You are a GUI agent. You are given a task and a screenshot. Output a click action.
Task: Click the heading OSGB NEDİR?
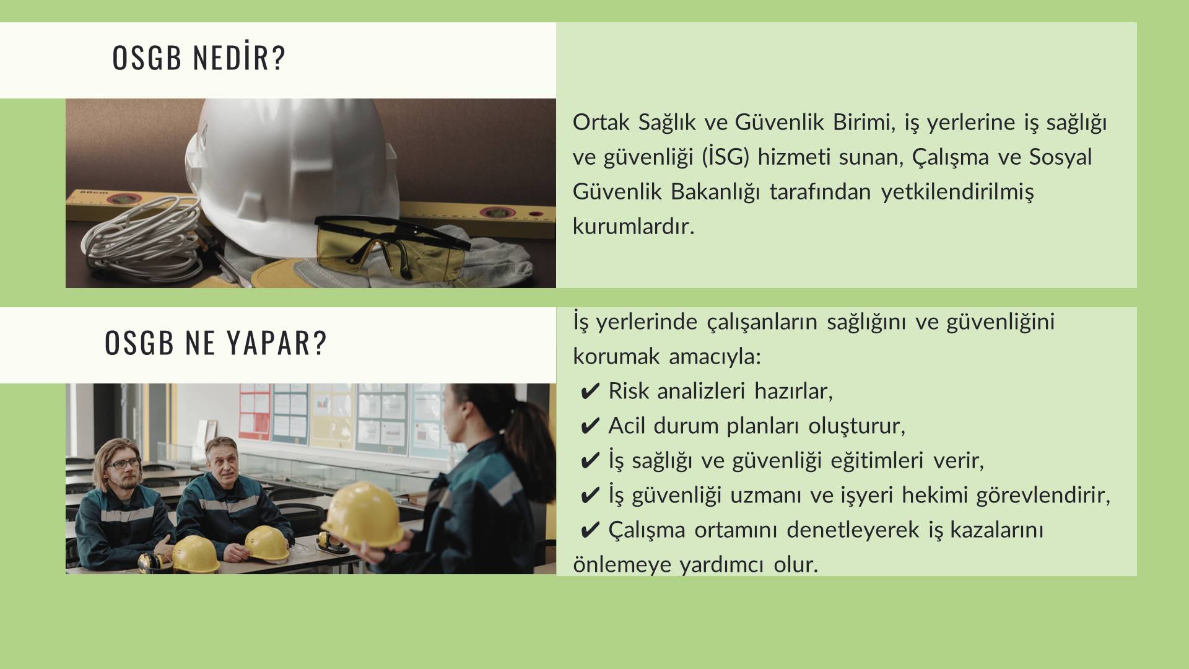pyautogui.click(x=199, y=57)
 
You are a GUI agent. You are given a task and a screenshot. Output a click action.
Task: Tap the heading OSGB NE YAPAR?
pyautogui.click(x=216, y=343)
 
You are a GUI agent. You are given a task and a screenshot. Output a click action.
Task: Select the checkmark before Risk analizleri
pyautogui.click(x=591, y=391)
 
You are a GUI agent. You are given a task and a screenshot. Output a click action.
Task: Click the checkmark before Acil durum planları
pyautogui.click(x=591, y=426)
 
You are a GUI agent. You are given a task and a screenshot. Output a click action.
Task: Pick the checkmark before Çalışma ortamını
pyautogui.click(x=591, y=530)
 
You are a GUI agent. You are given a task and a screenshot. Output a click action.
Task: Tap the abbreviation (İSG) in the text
pyautogui.click(x=726, y=157)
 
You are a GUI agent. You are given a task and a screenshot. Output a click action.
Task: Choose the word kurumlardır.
pyautogui.click(x=634, y=226)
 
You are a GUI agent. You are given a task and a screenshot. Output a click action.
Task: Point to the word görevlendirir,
pyautogui.click(x=1043, y=496)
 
